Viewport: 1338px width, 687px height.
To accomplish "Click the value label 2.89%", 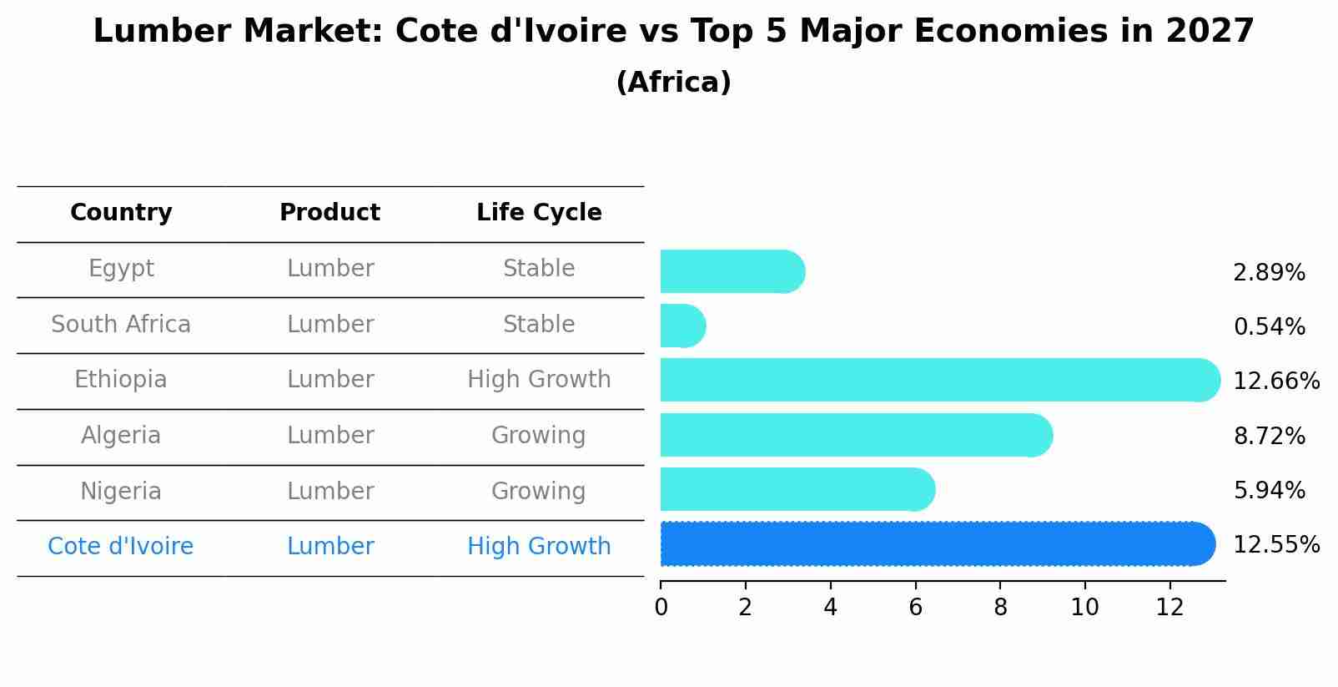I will click(1268, 273).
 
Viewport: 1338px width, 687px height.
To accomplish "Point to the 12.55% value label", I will click(1275, 545).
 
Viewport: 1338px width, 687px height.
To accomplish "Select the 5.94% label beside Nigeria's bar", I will click(1268, 490).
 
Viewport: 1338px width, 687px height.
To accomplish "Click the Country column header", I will click(121, 213).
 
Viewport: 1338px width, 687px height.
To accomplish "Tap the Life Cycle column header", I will click(539, 213).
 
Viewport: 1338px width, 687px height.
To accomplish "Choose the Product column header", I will click(329, 213).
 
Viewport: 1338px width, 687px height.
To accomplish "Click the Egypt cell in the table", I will click(121, 269).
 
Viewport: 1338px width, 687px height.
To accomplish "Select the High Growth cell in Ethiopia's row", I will click(539, 380).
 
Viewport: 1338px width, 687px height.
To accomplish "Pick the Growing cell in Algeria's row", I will click(538, 436).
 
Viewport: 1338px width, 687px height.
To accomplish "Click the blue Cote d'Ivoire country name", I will click(120, 547).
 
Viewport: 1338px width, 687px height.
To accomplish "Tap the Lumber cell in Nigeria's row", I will click(329, 491).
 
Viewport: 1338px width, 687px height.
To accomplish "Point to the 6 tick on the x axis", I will click(915, 607).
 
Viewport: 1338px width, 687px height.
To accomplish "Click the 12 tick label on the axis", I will click(1169, 607).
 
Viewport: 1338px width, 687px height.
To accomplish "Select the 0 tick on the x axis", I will click(661, 607).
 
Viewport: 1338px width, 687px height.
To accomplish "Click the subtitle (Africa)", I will click(673, 83).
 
